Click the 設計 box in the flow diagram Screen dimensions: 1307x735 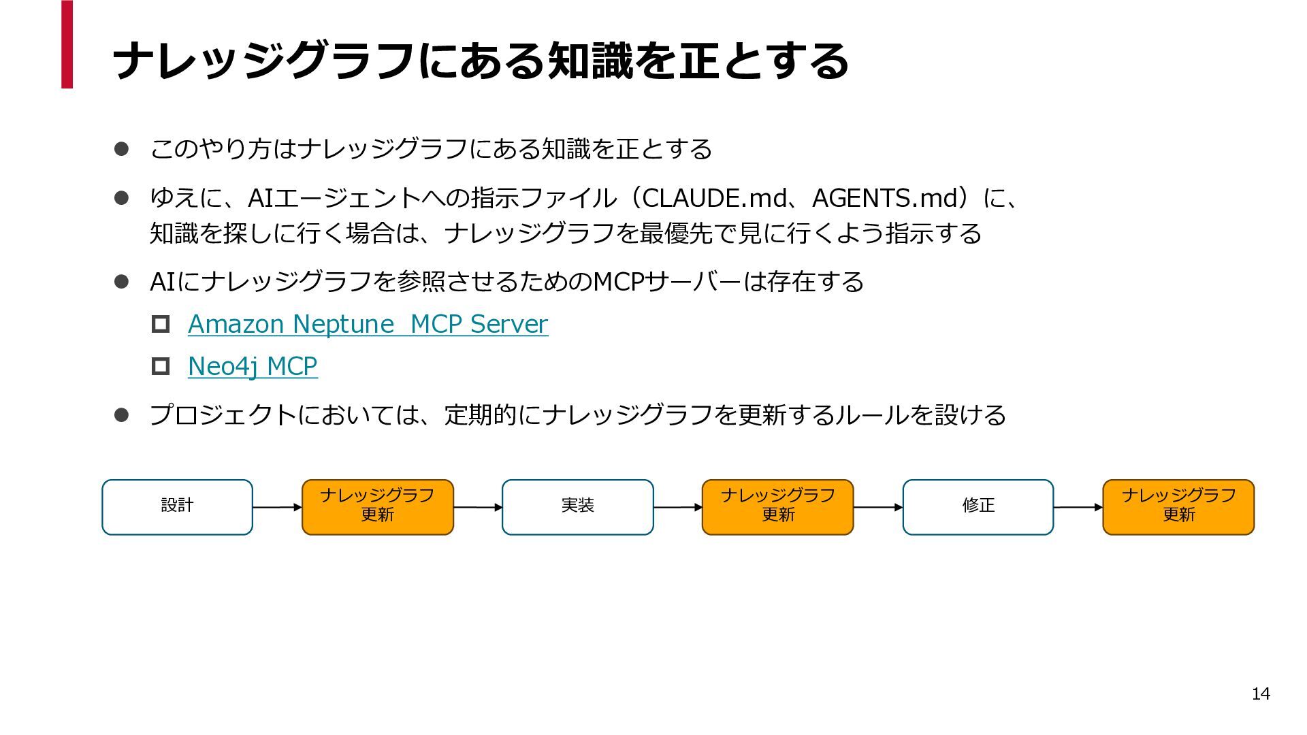point(177,507)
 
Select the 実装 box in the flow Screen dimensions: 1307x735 point(577,507)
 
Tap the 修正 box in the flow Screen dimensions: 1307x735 point(978,507)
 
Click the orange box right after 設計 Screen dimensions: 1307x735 point(378,507)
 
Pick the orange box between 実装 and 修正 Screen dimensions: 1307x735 point(777,507)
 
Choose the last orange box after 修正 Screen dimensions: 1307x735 point(1178,507)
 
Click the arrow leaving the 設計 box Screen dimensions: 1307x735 point(277,507)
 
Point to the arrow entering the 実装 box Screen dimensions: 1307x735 point(478,507)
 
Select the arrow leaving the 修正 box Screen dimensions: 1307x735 point(1078,507)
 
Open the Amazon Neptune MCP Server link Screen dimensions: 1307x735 point(368,324)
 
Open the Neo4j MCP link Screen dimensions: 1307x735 point(253,366)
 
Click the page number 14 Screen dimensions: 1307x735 point(1261,693)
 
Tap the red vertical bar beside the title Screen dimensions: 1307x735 point(67,44)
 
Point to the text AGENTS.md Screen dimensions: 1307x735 point(885,198)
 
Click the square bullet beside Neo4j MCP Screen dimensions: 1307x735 point(161,366)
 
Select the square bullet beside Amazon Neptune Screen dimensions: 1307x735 point(161,324)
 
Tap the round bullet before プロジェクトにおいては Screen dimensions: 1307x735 point(121,414)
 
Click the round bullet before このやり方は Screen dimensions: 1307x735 point(121,149)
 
